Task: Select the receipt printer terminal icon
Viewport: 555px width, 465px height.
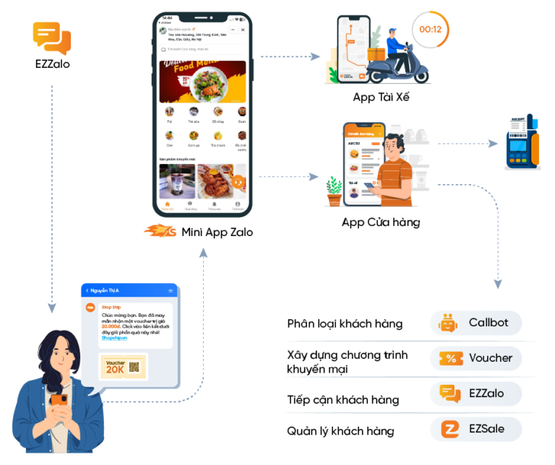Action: click(521, 142)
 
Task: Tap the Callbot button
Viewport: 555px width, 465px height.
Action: click(476, 322)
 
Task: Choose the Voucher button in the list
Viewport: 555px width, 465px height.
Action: click(476, 357)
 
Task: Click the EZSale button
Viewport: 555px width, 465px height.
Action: click(476, 429)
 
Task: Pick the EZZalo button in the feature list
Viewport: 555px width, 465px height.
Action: click(476, 393)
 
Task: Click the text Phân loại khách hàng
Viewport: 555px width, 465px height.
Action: click(345, 323)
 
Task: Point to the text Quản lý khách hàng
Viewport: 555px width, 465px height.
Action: click(340, 431)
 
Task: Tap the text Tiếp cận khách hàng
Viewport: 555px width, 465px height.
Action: click(343, 399)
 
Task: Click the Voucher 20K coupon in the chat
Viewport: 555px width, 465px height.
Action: click(122, 366)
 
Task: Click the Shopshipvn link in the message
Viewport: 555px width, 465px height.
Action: click(113, 337)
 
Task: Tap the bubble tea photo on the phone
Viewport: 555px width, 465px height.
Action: click(176, 181)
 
